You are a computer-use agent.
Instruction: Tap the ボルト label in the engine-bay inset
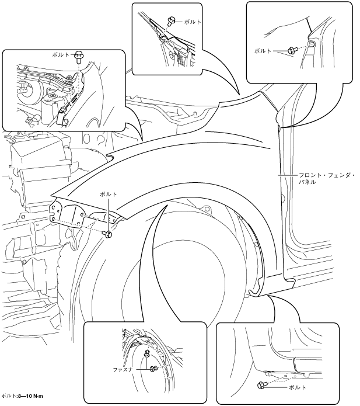click(61, 55)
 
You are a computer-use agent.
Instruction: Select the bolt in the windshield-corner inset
click(171, 20)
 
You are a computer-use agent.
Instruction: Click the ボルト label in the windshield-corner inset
click(193, 22)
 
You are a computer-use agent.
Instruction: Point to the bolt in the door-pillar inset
click(292, 50)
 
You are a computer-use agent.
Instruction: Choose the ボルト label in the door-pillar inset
click(263, 51)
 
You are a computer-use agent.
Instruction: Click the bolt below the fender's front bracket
click(107, 234)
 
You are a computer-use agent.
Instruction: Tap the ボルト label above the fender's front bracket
click(109, 194)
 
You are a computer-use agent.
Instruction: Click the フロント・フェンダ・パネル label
click(326, 179)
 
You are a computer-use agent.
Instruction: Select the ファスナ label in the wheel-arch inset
click(123, 370)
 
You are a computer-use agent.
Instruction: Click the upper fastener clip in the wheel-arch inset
click(147, 353)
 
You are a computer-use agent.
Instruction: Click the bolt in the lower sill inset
click(261, 386)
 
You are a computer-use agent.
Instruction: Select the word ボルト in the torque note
click(9, 396)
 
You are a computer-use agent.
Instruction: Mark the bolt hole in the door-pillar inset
click(312, 44)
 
